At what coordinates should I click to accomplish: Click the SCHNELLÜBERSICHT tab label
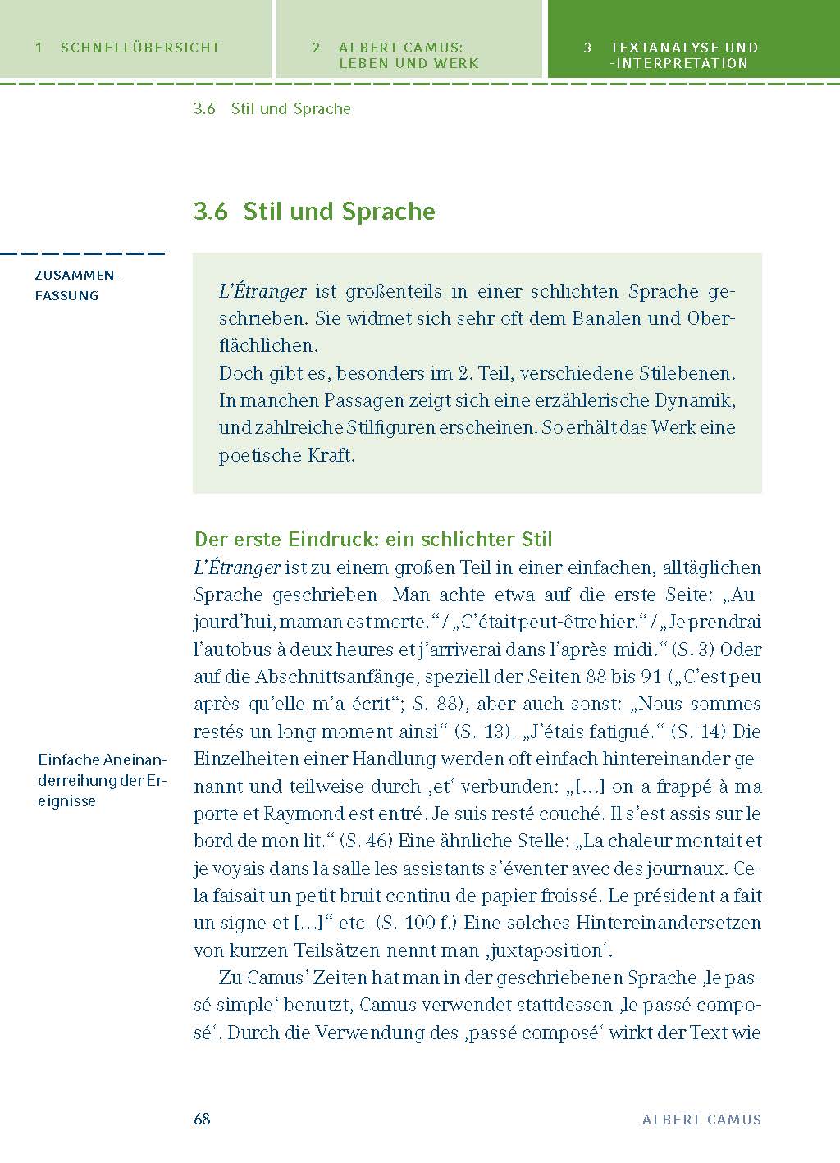(x=139, y=48)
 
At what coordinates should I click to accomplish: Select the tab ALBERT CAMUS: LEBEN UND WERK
(x=409, y=55)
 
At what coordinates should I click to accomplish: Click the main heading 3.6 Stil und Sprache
(x=314, y=211)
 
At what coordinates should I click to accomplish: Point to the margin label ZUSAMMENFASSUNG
(x=77, y=285)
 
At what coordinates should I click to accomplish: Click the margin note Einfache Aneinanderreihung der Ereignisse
(x=102, y=780)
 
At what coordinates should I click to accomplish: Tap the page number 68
(x=202, y=1119)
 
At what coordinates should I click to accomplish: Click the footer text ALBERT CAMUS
(x=701, y=1120)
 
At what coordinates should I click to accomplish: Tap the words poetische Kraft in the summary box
(x=286, y=456)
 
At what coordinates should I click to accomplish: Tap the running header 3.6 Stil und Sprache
(x=272, y=109)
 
